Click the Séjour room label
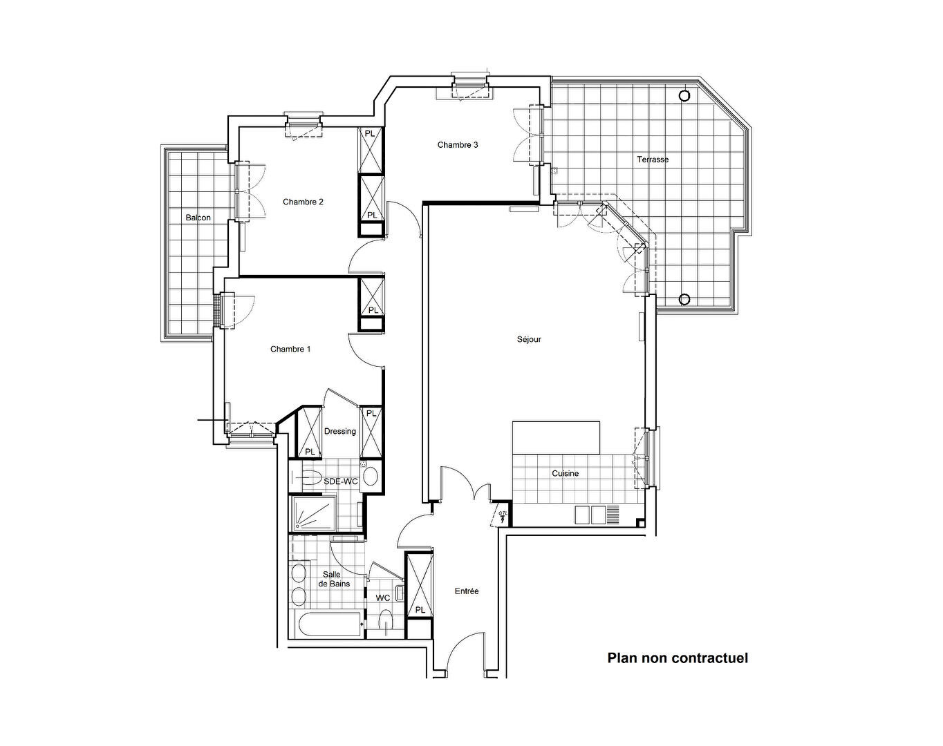pos(529,340)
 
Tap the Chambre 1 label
pos(290,350)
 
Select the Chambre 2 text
pos(303,202)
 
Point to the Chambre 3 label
pos(458,145)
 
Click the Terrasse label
pos(653,160)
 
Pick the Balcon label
pos(198,218)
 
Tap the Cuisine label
pos(565,474)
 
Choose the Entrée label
pos(467,591)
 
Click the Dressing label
pos(340,432)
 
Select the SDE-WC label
pos(341,481)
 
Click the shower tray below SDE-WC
pos(313,514)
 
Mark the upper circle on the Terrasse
pos(684,96)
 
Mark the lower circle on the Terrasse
pos(684,299)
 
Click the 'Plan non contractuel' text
pos(678,658)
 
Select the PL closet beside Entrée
pos(420,586)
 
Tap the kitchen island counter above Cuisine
pos(556,437)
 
